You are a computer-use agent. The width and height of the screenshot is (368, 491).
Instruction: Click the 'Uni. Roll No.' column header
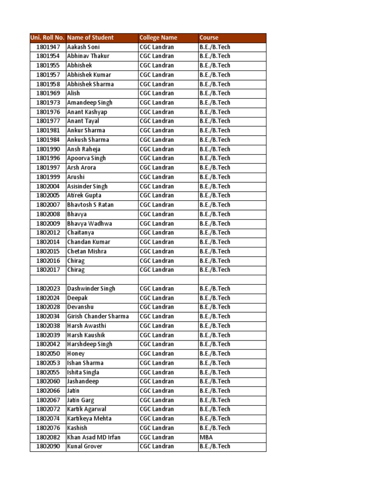[47, 38]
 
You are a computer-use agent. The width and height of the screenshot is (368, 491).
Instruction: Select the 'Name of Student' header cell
[91, 38]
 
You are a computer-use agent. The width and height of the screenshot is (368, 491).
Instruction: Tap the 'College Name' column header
[158, 38]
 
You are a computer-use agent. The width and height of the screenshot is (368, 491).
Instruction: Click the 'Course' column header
[209, 38]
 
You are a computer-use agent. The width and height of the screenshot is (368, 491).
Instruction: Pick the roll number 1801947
[48, 47]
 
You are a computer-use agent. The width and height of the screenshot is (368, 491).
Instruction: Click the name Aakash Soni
[84, 47]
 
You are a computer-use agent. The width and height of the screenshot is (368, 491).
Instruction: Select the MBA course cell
[206, 437]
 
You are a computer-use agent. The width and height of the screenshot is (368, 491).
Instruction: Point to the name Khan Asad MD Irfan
[94, 437]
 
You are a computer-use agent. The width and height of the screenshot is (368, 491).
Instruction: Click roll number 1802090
[48, 446]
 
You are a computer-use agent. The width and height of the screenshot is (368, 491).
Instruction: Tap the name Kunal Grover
[85, 446]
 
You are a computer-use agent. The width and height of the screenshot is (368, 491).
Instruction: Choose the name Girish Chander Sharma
[98, 316]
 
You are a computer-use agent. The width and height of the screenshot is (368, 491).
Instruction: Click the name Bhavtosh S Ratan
[90, 205]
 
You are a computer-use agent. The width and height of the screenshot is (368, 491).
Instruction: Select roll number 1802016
[48, 261]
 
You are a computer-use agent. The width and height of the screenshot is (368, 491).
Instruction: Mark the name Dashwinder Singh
[91, 289]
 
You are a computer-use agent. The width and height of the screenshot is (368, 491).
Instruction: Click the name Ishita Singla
[83, 372]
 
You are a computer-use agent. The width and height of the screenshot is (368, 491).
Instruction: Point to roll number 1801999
[48, 177]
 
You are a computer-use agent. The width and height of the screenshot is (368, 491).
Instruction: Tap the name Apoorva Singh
[86, 158]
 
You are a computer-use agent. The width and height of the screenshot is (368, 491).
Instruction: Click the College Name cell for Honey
[157, 353]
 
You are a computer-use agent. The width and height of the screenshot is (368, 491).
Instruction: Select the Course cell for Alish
[215, 93]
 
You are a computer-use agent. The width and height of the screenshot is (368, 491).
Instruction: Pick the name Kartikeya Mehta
[89, 419]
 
